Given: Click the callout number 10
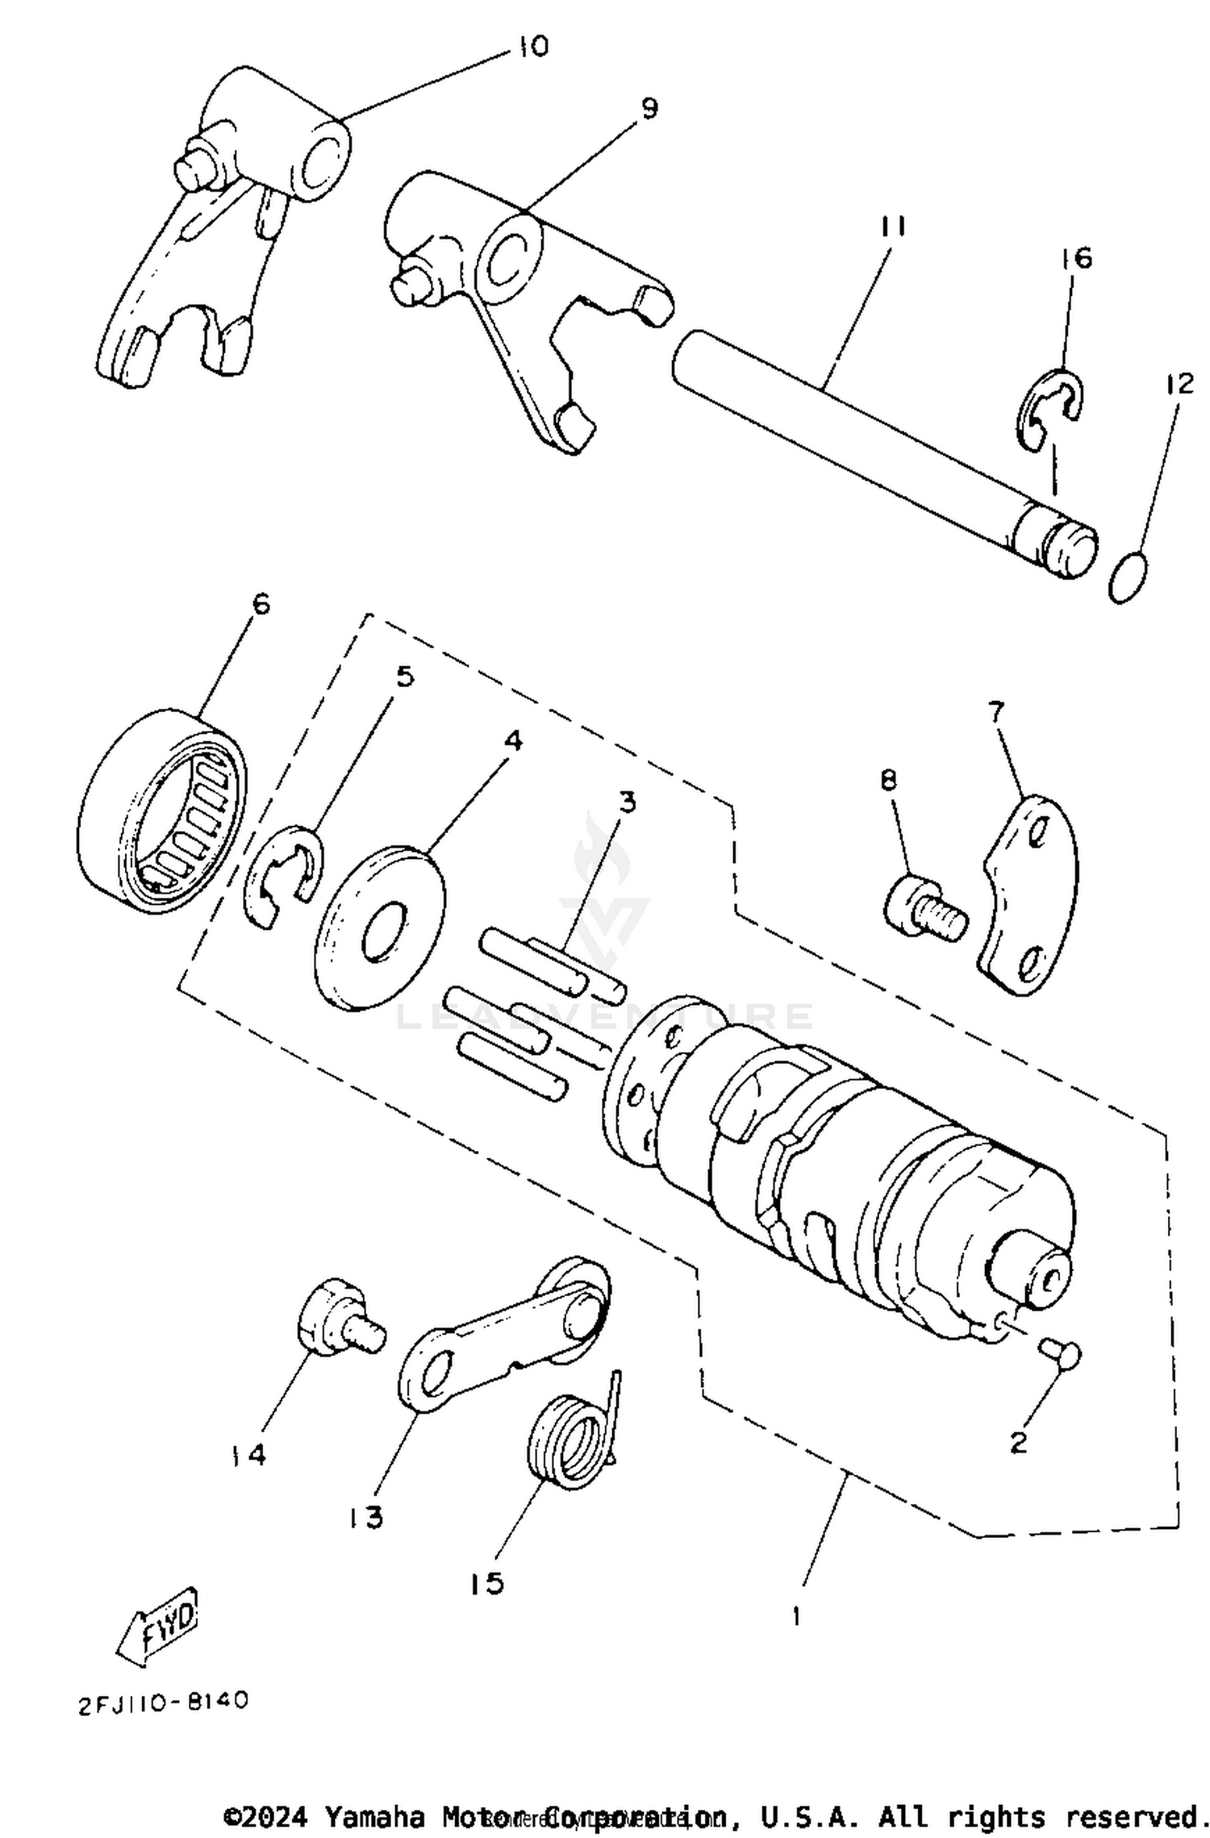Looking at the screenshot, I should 532,47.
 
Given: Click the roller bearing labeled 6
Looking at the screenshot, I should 161,813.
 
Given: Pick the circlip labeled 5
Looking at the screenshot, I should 283,876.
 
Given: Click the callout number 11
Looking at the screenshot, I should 893,227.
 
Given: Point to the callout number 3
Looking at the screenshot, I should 627,802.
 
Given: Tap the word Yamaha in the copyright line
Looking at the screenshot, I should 374,1816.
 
